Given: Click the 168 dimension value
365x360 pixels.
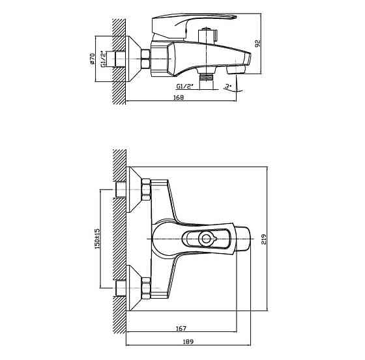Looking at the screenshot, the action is click(179, 97).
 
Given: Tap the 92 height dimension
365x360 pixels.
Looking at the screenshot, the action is click(258, 44).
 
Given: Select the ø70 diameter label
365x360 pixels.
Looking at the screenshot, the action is click(93, 59).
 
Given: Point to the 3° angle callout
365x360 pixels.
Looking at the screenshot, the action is click(228, 87).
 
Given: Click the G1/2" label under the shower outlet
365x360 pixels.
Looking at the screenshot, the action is click(185, 87).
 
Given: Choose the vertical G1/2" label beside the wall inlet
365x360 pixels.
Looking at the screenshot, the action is click(104, 59).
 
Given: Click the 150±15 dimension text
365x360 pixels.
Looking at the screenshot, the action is click(97, 239).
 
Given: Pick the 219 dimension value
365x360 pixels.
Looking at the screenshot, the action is click(264, 239).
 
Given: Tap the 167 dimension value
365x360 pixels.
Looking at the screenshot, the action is click(181, 328).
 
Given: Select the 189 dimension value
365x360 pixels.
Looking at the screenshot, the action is click(188, 342).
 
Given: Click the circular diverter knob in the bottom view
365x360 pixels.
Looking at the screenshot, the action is click(206, 239).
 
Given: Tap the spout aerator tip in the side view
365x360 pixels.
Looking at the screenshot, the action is click(236, 69).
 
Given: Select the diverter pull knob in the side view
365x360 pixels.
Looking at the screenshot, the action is click(208, 36).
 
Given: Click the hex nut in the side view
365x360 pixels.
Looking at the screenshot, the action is click(145, 59).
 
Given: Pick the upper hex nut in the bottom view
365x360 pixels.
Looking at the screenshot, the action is click(146, 189).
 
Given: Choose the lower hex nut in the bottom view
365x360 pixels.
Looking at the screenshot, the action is click(146, 288).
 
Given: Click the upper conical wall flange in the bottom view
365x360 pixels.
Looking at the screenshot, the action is click(135, 189).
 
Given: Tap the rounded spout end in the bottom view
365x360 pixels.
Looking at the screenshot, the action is click(242, 239).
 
